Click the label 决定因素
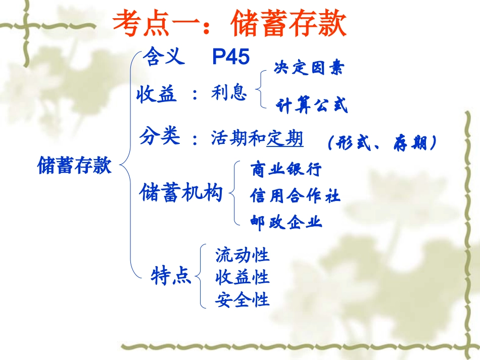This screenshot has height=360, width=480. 309,68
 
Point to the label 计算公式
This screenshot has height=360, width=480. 312,105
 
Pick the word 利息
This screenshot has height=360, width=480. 229,93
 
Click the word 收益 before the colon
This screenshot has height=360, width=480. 157,94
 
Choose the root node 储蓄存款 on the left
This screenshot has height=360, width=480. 74,165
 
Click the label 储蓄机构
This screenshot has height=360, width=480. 181,193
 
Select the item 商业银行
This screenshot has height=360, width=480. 286,169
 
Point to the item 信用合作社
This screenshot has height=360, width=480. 296,195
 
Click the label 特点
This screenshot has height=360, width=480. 171,276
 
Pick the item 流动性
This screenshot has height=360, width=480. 243,254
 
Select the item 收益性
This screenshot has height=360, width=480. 243,277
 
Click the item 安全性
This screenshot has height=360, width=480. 243,299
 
